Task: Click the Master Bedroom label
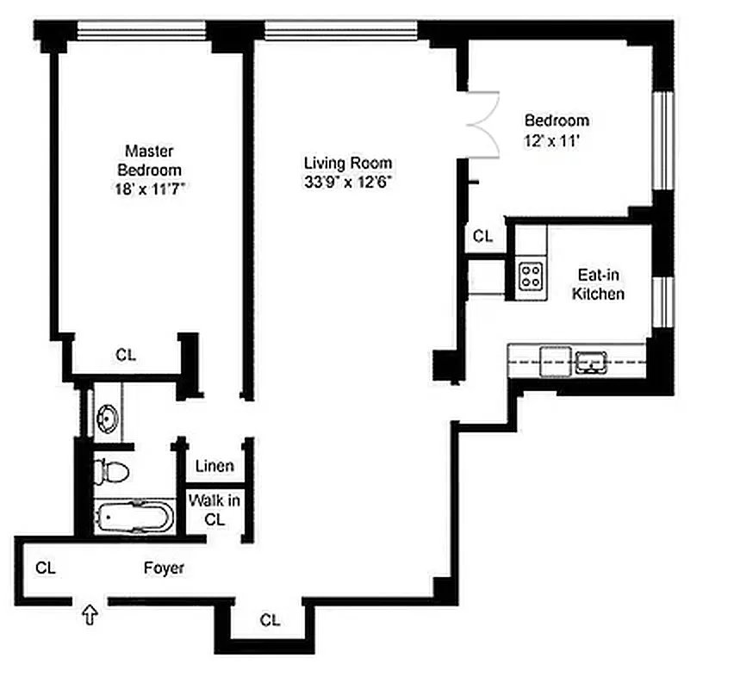149,159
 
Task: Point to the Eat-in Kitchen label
600,284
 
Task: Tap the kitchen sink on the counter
593,362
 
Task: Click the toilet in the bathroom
112,471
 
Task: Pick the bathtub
135,518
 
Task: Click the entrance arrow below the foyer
88,615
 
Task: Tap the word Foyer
164,568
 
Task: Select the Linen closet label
215,467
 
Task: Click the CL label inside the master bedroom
126,354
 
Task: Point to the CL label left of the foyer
46,568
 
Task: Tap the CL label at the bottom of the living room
270,619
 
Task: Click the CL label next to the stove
483,236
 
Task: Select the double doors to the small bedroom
484,125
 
